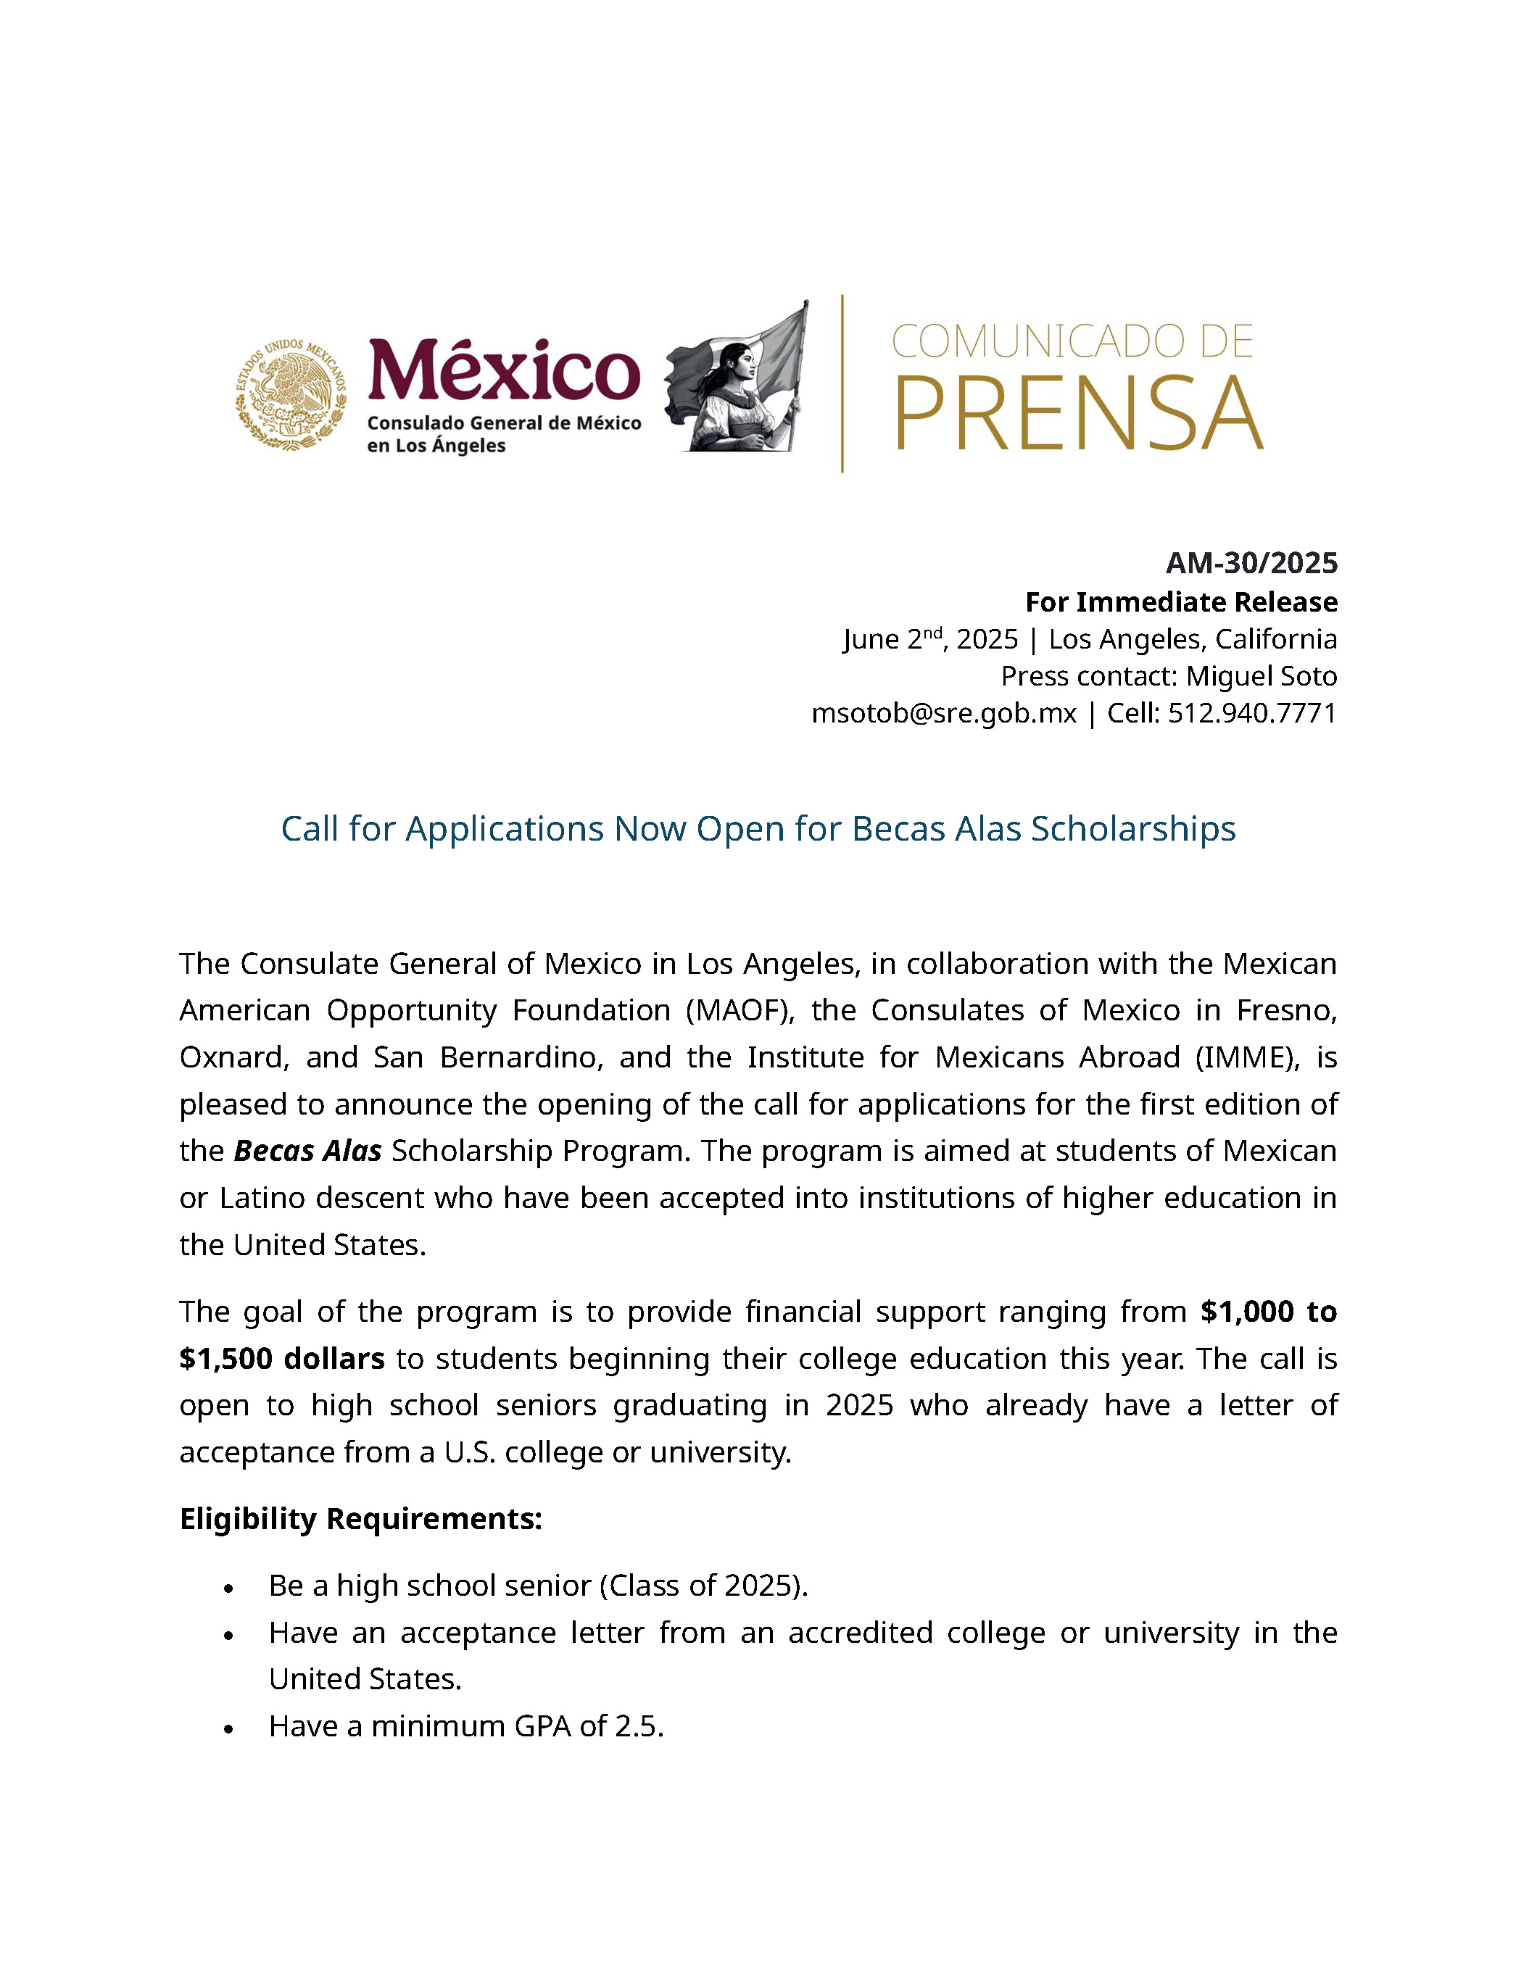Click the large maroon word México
tap(504, 370)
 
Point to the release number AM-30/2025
tap(1251, 563)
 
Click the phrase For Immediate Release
tap(1181, 601)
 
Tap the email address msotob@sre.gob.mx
tap(943, 713)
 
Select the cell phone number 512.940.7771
tap(1252, 713)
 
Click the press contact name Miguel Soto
tap(1261, 675)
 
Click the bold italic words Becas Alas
tap(307, 1151)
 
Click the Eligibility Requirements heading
tap(361, 1518)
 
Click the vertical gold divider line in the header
tap(842, 383)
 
